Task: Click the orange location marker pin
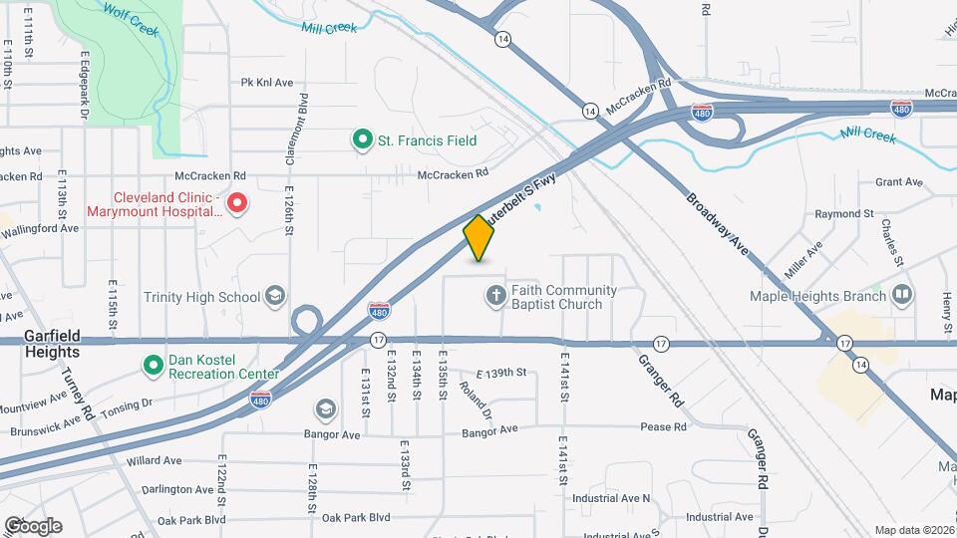(x=479, y=238)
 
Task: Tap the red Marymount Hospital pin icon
(x=237, y=204)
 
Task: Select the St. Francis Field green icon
(x=363, y=140)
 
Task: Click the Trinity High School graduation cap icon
(x=275, y=296)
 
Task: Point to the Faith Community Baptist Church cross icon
(x=495, y=295)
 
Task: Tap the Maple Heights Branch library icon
(x=901, y=295)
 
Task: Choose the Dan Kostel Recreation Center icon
(x=154, y=365)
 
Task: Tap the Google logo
(x=33, y=526)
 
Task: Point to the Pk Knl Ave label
(x=267, y=83)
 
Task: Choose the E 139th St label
(x=500, y=373)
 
